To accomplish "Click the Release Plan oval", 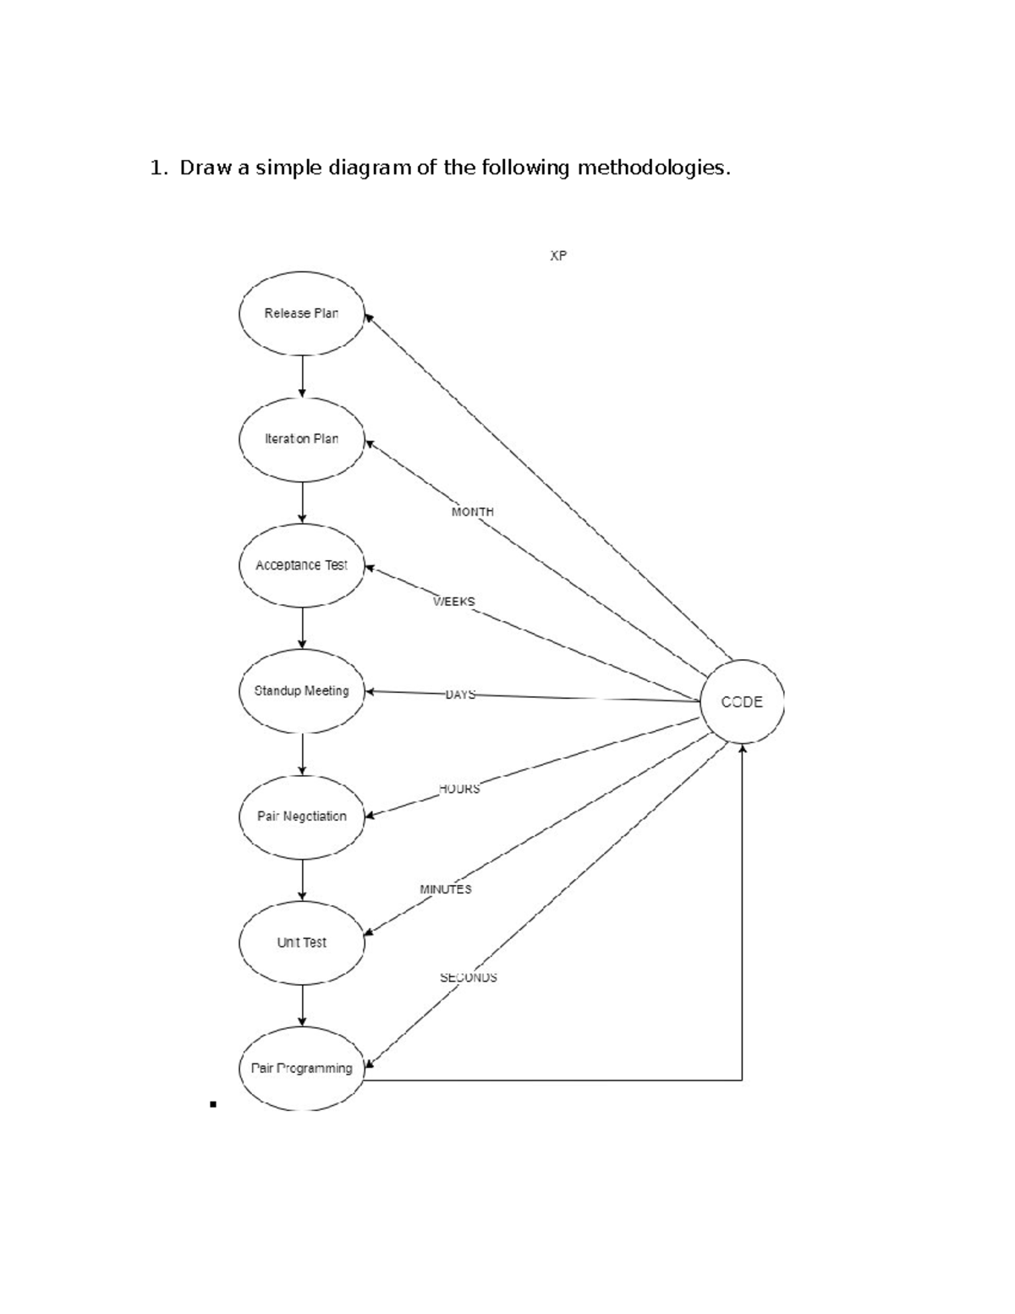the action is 302,314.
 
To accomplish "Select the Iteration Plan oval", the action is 302,440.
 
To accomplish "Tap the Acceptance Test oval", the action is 302,565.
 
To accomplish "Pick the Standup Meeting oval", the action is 302,691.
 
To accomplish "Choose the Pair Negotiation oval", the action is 302,817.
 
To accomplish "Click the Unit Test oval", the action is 302,943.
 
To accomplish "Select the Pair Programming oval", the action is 302,1069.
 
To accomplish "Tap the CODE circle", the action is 742,701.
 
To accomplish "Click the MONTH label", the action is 473,512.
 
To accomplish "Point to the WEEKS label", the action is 454,602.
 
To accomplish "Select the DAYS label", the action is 461,695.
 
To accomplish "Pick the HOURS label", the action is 459,789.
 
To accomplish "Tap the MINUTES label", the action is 446,889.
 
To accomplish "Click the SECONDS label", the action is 469,977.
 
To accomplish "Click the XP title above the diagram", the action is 558,256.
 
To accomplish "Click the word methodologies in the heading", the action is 654,168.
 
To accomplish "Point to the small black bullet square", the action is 213,1104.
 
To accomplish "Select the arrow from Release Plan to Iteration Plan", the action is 302,377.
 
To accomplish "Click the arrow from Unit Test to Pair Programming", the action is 302,1006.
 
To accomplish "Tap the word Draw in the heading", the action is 206,168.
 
